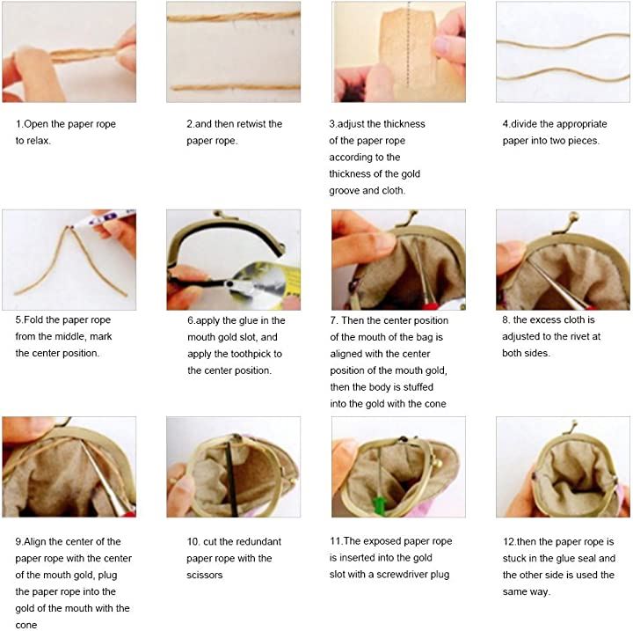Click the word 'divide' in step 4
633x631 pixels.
click(x=524, y=124)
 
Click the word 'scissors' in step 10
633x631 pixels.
click(x=204, y=575)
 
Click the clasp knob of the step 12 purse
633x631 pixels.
click(x=573, y=424)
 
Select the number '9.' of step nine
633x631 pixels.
click(x=19, y=541)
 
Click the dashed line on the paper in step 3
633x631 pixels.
click(x=408, y=45)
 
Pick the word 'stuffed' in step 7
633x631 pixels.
click(x=418, y=387)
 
